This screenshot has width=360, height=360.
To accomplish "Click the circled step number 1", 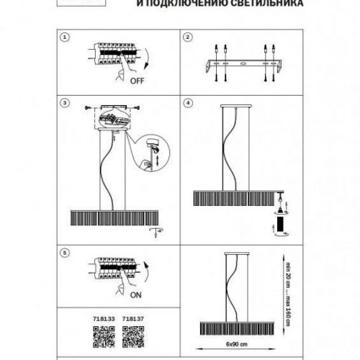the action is coord(65,37).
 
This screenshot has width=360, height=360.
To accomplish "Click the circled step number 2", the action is coord(188,37).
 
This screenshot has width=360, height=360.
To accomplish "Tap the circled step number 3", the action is coord(65,103).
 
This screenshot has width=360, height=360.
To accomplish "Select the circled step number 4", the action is coord(188,103).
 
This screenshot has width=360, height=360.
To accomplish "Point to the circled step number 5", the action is coord(65,253).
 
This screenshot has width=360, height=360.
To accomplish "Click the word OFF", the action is coord(138,81).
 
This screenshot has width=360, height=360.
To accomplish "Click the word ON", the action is coord(136,295).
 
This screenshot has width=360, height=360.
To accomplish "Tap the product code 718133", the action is coord(104,319).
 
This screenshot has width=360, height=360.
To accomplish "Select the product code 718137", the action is coord(133,319).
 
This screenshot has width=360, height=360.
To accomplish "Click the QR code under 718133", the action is coord(104,337).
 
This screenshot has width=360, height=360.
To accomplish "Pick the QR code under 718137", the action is coord(133,337).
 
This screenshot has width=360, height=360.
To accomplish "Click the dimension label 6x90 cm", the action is coord(237,344).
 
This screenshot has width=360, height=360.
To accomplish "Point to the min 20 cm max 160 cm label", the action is coord(288,294).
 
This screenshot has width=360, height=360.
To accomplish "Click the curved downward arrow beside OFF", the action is coord(147,59).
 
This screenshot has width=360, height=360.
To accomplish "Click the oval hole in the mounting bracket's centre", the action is coord(243,63).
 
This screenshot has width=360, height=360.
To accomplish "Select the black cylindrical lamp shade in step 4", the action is coord(280,224).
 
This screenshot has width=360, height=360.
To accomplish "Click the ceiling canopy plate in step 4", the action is coord(236,106).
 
